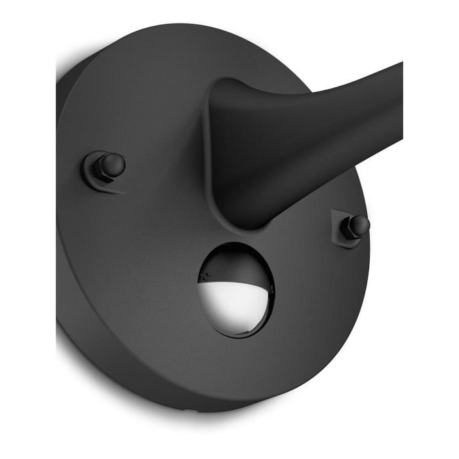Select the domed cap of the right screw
(x=359, y=225)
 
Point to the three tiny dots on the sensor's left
(x=205, y=276)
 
